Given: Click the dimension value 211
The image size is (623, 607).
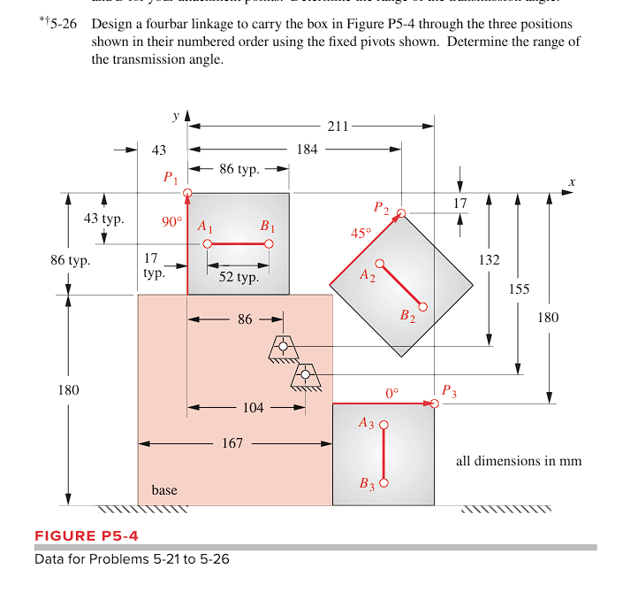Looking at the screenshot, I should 338,127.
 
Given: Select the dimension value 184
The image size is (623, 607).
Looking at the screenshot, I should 307,150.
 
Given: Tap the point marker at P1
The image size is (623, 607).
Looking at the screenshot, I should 187,192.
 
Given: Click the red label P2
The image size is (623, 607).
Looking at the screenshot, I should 381,208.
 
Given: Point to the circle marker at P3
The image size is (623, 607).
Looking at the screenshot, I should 434,403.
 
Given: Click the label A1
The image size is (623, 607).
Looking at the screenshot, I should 206,226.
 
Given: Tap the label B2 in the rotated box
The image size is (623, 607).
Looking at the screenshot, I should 407,316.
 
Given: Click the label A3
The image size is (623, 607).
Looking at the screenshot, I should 367,423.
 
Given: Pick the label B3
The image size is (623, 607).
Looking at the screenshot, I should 368,484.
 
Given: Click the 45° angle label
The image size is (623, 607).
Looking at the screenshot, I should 361,234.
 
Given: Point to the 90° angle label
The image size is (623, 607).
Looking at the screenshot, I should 171,221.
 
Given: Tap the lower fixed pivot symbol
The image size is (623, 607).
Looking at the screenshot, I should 306,375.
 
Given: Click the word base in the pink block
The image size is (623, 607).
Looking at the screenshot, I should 164,489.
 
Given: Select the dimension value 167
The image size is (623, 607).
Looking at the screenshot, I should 232,442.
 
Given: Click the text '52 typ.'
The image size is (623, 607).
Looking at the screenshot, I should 239,277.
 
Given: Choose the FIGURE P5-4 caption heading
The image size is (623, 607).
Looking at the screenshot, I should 86,535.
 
